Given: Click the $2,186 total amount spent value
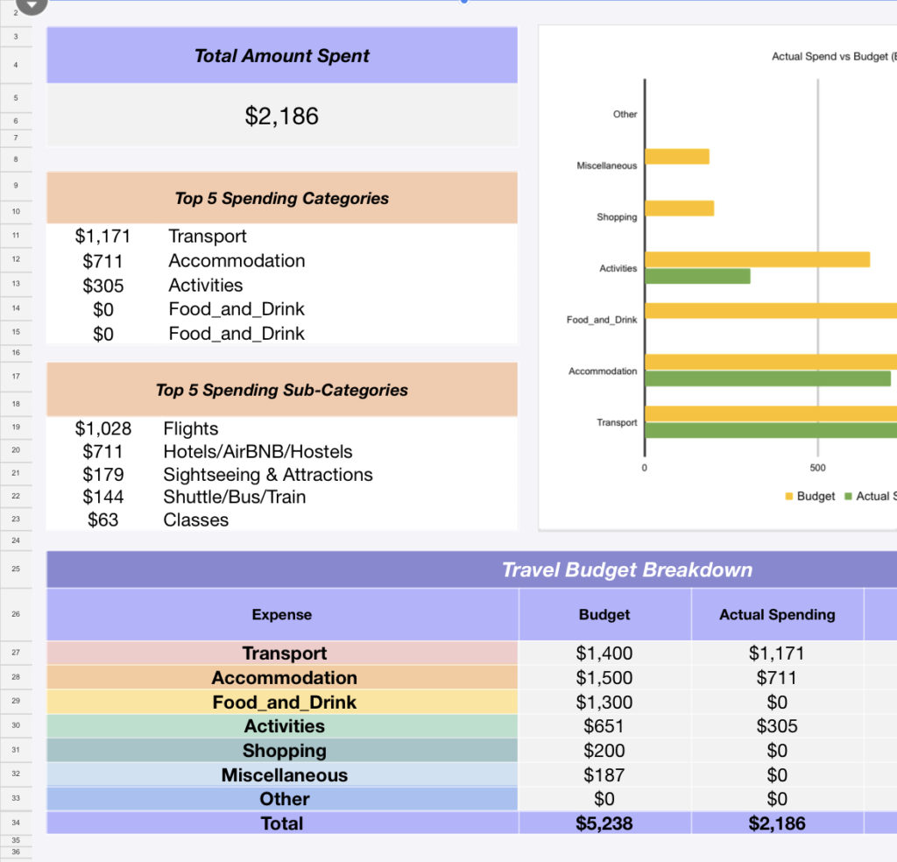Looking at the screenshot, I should point(281,116).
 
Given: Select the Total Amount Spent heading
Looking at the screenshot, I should point(281,56).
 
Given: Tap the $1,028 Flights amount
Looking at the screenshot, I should point(103,428).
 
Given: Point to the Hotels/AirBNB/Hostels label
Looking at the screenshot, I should point(258,452).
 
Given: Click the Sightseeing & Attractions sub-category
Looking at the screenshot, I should point(268,475).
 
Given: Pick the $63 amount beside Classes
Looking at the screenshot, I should point(103,519).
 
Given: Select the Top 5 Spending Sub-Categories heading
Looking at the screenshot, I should point(281,390).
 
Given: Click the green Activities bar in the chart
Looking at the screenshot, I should point(697,276).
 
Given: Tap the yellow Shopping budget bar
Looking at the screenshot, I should point(679,208).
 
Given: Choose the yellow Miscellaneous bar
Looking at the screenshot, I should point(676,157).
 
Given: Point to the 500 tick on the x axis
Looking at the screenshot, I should point(817,468).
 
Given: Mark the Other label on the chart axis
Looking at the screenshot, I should point(625,115).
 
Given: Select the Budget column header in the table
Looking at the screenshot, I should point(604,615).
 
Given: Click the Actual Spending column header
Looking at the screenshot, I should point(777,615).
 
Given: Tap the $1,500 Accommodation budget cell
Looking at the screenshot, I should point(604,678).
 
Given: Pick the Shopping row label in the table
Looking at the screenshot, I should point(284,751).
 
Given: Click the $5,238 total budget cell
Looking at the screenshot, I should point(604,823).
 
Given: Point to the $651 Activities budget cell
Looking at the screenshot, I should point(604,726).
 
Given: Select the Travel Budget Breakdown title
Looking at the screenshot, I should point(626,570).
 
